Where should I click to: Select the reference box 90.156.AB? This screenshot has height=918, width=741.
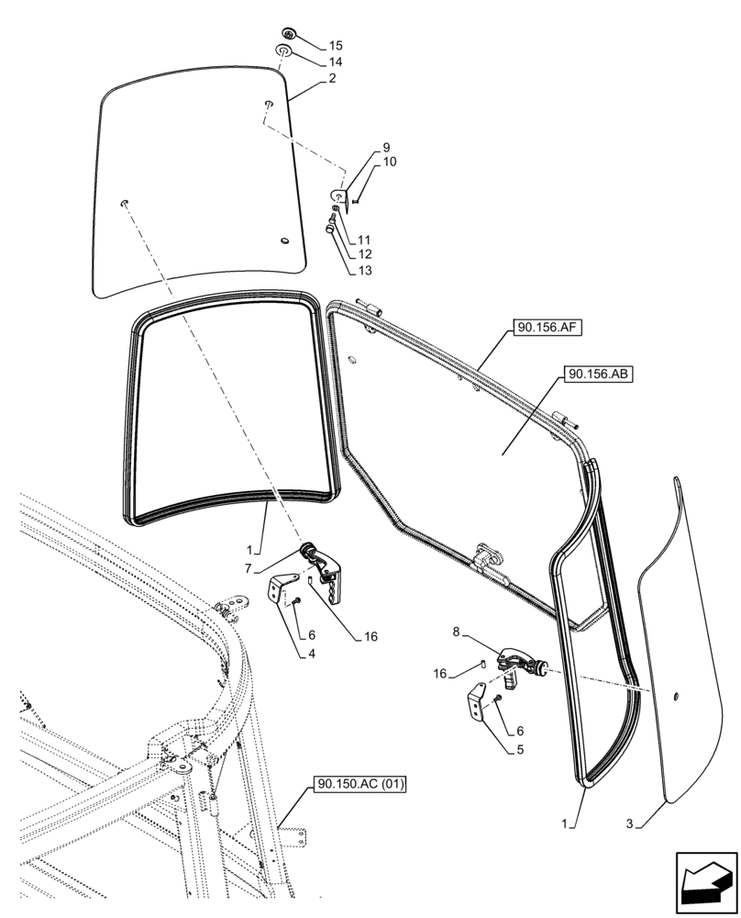coord(591,375)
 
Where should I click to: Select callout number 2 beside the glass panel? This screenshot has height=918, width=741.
coord(331,79)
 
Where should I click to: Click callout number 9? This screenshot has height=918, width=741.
coord(386,148)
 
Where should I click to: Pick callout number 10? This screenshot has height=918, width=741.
coord(389,162)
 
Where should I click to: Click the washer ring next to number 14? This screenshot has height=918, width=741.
coord(284,51)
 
